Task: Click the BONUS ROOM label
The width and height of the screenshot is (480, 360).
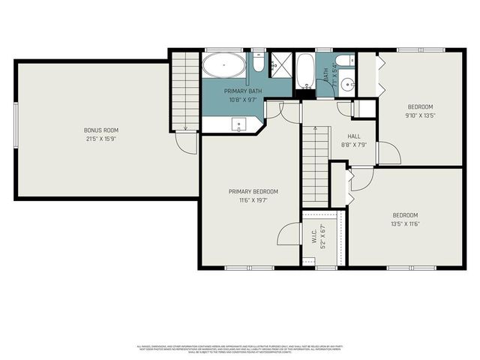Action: point(100,130)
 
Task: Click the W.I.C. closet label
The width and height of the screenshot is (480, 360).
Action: point(313,236)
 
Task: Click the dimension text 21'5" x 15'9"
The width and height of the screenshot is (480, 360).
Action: point(100,139)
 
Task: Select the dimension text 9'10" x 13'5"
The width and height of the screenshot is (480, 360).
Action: point(421,115)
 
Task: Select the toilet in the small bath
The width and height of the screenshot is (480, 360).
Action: point(343,62)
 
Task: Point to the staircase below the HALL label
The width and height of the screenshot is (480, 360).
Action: point(313,166)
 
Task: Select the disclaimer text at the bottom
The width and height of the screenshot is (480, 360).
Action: point(239,348)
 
